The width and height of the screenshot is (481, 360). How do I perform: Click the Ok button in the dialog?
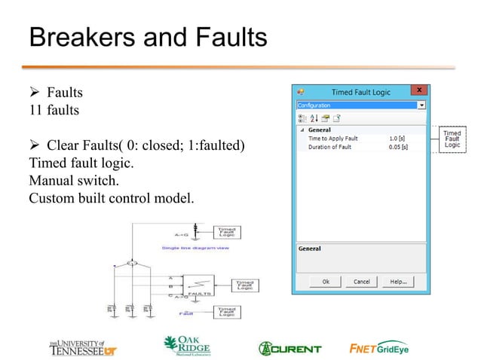[326, 282]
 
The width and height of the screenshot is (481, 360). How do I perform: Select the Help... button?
[398, 282]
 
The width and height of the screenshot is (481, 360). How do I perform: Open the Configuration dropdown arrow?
[421, 105]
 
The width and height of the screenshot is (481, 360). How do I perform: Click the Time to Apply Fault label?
[332, 139]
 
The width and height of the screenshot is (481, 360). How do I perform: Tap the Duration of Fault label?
[330, 148]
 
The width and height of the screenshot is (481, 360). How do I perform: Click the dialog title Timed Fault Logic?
[361, 92]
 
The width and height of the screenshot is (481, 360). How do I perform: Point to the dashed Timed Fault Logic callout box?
[452, 140]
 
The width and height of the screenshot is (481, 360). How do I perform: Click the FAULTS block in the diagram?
[198, 285]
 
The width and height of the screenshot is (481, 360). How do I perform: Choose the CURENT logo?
[290, 348]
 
